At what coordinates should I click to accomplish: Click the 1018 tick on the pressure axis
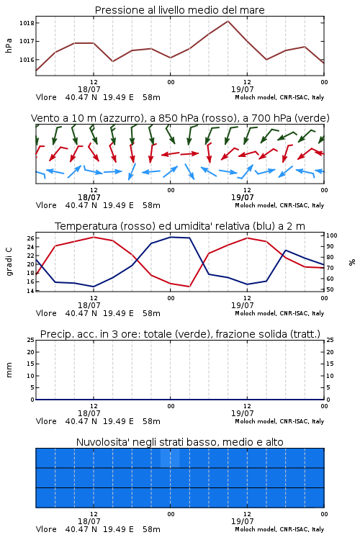[27, 23]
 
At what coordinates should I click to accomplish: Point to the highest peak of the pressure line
[228, 21]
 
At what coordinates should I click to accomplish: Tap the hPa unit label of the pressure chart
[9, 45]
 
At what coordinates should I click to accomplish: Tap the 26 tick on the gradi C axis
[30, 238]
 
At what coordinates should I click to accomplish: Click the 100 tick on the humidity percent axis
[332, 235]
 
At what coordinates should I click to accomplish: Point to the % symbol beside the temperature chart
[352, 262]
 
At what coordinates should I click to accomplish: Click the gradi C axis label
[9, 262]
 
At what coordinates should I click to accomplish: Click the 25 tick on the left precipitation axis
[31, 341]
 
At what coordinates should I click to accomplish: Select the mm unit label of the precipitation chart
[9, 370]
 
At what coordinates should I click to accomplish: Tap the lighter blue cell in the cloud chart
[170, 458]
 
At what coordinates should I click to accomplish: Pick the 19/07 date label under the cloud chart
[242, 521]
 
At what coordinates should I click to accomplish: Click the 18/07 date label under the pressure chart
[89, 89]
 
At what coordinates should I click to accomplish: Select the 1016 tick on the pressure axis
[27, 60]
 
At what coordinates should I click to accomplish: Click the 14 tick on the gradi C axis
[30, 291]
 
